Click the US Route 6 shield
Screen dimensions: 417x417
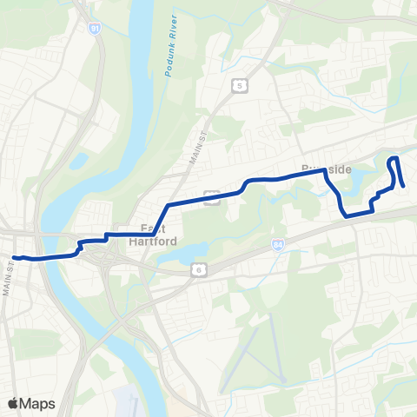196,270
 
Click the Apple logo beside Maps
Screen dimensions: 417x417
13,403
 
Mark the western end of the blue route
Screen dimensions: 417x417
15,257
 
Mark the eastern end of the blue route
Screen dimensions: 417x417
404,185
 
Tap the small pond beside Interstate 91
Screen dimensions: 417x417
78,161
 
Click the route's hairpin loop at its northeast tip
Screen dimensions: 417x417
394,159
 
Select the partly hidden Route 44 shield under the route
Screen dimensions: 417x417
211,196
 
